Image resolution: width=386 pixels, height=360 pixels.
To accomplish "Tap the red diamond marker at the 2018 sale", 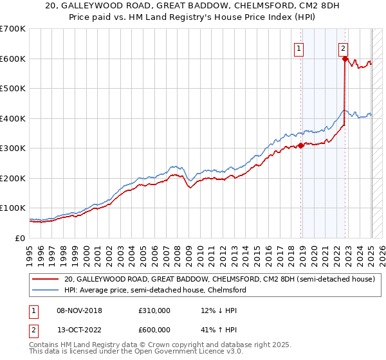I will point(301,146).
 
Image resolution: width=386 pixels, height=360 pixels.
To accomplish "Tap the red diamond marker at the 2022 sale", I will point(345,59).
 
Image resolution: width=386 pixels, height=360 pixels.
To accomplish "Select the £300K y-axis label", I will point(13,148).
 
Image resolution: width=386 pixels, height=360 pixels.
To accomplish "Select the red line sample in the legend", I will point(45,279).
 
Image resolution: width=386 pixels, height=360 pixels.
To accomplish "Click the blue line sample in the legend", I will point(45,290).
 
